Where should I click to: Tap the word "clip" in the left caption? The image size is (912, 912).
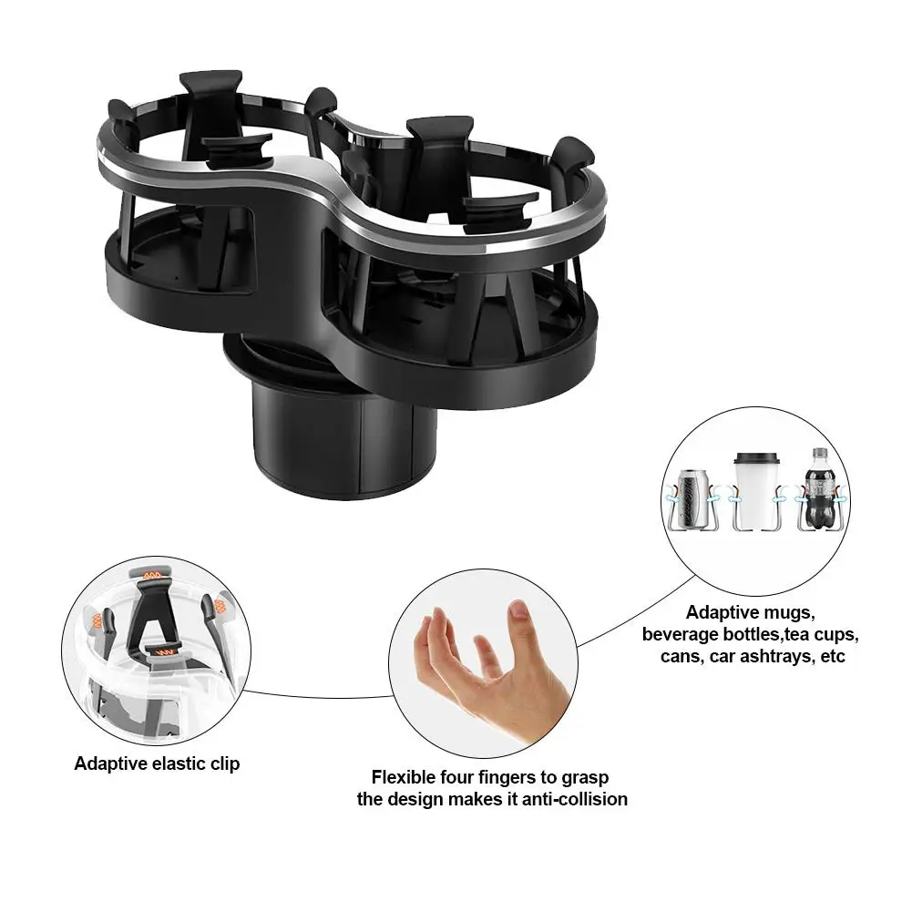coord(223,763)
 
